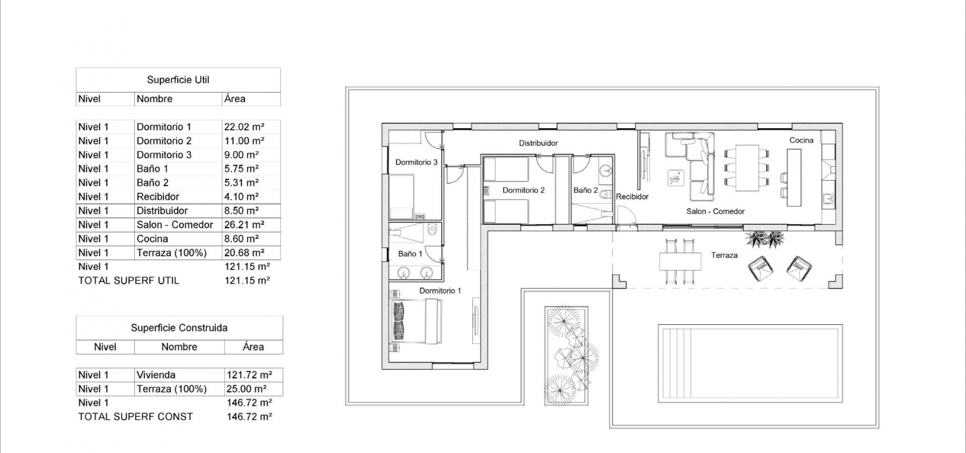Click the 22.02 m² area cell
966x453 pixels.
pos(244,127)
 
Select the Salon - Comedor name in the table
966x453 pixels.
pos(175,225)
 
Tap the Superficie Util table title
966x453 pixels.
pos(178,80)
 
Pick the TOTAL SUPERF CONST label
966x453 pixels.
pos(135,417)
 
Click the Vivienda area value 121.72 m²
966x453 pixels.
pos(249,375)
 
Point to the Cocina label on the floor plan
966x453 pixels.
pos(801,140)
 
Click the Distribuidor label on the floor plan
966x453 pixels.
pos(538,143)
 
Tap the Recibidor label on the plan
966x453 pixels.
pos(632,197)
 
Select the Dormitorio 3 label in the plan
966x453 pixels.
pos(417,162)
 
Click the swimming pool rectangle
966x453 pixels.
pos(750,364)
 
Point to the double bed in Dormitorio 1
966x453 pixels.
pos(417,321)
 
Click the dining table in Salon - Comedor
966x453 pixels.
pos(747,168)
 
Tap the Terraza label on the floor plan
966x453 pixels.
pos(724,255)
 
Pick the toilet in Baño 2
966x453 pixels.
pos(606,194)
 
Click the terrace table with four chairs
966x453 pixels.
pos(680,262)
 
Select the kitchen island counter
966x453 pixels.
pos(794,178)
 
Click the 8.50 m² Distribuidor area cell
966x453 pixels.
pos(241,211)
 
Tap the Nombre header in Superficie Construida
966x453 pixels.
pos(179,347)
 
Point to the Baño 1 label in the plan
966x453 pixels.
pos(410,254)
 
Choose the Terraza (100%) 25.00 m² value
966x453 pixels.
pos(247,389)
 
